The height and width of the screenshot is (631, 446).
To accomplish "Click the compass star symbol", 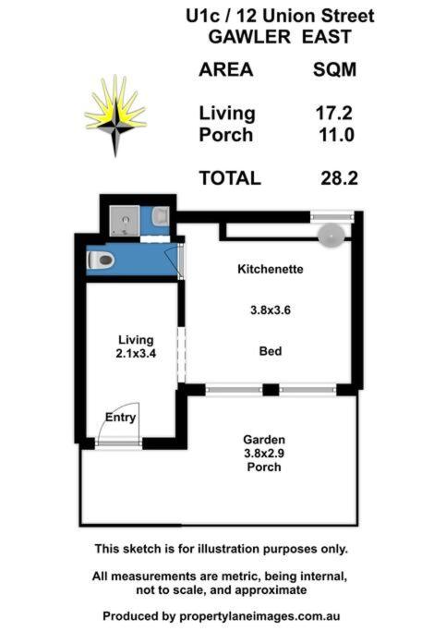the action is click(115, 115).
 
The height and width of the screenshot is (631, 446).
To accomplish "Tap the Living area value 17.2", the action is click(333, 113).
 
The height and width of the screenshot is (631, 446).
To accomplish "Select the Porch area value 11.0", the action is click(337, 134).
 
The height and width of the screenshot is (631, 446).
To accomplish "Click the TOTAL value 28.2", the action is click(339, 178).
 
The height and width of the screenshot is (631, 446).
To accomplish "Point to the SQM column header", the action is click(334, 69).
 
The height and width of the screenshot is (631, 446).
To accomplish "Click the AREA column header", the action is click(226, 69).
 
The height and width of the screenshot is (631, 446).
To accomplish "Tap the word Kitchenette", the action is click(271, 269).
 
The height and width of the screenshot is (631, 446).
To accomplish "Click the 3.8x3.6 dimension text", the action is click(271, 310).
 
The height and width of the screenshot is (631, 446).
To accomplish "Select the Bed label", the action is click(271, 351).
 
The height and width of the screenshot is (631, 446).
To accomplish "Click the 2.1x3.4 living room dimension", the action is click(136, 353).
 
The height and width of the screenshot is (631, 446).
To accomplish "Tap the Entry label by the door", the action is click(120, 418).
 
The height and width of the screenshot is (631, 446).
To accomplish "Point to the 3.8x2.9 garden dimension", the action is click(264, 454).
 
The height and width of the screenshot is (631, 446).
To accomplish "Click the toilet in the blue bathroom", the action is click(101, 260).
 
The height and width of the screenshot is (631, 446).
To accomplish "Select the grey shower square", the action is click(125, 221).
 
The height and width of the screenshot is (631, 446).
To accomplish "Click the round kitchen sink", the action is click(331, 235).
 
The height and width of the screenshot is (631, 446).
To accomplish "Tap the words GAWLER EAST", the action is click(280, 37).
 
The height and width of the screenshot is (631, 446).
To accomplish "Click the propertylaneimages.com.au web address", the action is click(259, 616).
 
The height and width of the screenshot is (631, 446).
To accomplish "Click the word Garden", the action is click(264, 440).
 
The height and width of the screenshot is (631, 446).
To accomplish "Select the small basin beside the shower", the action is click(161, 215).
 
